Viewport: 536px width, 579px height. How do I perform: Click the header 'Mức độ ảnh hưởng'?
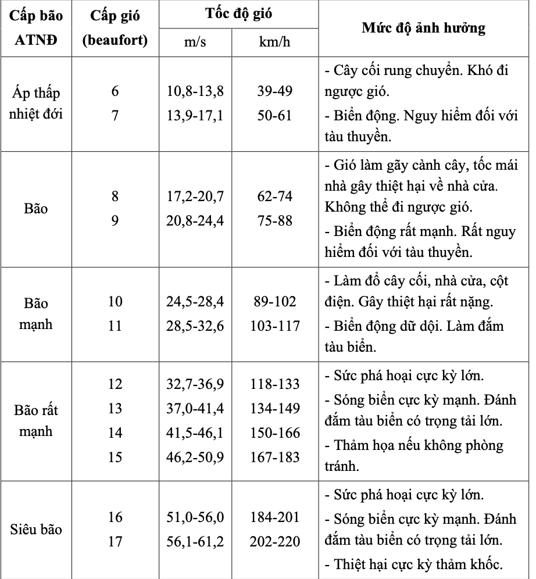423,28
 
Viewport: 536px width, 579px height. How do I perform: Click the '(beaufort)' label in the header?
115,41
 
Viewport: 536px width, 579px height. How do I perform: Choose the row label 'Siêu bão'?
36,530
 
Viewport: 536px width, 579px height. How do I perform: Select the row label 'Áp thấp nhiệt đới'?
36,103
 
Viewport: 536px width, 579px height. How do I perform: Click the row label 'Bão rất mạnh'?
36,420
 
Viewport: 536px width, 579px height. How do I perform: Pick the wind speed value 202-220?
275,542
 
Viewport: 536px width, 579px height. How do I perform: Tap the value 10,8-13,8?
195,91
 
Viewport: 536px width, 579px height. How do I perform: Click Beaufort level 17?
115,542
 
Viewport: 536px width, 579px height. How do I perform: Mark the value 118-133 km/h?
275,384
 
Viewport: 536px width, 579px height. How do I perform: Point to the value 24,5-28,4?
195,302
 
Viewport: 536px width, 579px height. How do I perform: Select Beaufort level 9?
115,221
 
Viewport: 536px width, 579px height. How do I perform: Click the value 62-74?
275,197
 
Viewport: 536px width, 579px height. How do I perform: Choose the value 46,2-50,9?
195,458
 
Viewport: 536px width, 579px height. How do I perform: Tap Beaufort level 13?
115,409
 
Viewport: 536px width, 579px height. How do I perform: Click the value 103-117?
275,326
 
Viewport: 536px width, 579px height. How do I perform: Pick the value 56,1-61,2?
195,542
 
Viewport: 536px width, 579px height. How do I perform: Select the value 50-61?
275,116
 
